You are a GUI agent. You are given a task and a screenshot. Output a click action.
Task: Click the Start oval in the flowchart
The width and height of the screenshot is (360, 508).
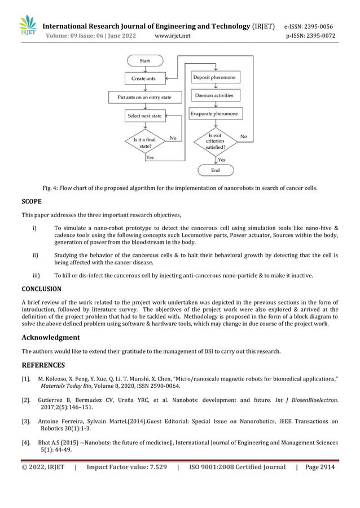144,61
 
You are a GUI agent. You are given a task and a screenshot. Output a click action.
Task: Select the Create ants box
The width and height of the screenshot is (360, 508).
143,78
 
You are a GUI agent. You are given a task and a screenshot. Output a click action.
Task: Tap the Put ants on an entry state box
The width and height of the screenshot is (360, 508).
144,97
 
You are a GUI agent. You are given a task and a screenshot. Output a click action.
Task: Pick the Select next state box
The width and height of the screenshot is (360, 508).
144,116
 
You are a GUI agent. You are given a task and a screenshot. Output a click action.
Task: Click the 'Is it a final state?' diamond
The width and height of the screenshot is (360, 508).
144,142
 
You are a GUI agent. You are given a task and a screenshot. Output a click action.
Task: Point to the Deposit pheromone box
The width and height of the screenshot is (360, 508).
214,77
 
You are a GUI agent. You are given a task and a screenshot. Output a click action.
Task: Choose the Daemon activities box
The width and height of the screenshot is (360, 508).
214,95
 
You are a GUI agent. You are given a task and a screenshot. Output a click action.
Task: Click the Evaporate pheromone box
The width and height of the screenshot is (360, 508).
214,113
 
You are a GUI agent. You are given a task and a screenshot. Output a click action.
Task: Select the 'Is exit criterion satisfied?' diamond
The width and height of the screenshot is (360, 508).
215,141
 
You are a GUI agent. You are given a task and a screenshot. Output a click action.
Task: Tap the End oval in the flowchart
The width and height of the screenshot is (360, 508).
215,170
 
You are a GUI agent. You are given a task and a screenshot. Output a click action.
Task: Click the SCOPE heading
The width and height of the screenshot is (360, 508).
31,201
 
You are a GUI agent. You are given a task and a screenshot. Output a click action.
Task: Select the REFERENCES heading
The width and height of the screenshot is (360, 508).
43,365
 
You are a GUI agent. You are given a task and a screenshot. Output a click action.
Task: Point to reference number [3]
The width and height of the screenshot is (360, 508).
26,421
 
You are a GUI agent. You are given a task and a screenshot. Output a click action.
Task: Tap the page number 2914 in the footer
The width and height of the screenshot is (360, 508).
326,467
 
